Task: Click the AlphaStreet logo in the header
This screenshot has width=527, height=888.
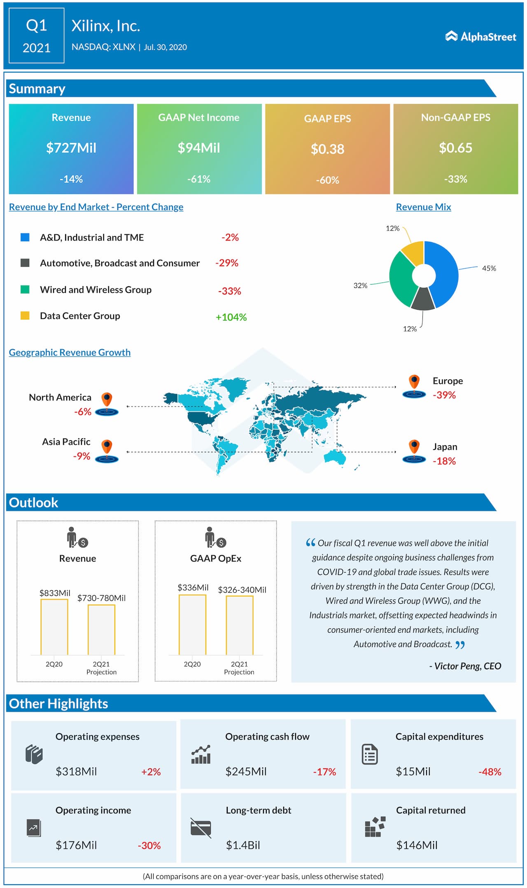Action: [480, 37]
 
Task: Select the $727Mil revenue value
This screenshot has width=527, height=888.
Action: [71, 148]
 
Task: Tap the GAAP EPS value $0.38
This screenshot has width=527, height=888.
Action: [327, 149]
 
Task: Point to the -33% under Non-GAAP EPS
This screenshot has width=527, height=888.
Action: [455, 179]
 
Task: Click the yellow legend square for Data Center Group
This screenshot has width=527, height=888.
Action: [25, 315]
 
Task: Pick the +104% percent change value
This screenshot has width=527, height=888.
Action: [231, 317]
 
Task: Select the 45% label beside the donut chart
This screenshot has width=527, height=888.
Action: [489, 268]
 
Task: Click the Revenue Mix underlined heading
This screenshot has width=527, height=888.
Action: [423, 207]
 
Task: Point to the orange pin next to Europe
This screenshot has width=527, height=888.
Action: [414, 381]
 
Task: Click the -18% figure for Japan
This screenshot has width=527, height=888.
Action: [444, 461]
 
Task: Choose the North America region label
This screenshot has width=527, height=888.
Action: [60, 397]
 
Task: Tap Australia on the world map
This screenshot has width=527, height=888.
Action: [334, 456]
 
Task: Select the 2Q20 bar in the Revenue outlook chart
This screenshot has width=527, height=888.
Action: [54, 627]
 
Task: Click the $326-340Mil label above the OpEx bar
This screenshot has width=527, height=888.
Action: [242, 590]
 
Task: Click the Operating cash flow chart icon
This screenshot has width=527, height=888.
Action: [201, 754]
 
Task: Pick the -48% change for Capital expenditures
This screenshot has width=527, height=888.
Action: [490, 772]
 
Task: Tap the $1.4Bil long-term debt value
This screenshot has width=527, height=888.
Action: [243, 846]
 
